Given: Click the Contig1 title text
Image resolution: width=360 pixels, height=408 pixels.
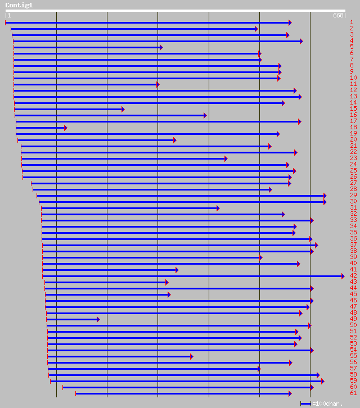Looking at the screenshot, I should tap(19, 5).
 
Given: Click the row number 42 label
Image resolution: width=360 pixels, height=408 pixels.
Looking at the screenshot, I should tap(353, 276).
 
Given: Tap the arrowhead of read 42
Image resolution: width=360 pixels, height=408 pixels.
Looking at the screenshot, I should tap(342, 276).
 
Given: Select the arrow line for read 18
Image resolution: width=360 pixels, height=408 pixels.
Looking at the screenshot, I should tap(40, 128).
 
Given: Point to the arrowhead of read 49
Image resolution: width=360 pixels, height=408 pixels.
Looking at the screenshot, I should tap(98, 319).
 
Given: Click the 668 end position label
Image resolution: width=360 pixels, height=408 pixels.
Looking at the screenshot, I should tap(338, 16).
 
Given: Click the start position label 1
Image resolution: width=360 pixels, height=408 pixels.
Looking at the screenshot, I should tap(9, 16).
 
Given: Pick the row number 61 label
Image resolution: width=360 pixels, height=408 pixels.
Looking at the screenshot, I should tap(353, 393).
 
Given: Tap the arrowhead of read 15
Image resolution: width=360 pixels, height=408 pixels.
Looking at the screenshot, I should tap(123, 109).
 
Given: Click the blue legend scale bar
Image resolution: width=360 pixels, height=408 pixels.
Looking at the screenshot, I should tap(305, 404).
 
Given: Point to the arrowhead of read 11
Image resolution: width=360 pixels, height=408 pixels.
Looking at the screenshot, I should tap(157, 84).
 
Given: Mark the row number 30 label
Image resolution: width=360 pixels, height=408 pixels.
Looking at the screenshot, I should tap(353, 202).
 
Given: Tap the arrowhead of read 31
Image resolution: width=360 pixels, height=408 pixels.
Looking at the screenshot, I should tap(218, 208).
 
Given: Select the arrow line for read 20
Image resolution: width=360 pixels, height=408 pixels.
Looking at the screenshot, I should tap(96, 140).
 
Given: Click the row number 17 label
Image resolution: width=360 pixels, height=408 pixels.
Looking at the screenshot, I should tap(353, 121).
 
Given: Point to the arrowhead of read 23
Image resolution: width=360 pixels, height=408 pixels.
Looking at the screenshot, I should tap(226, 158).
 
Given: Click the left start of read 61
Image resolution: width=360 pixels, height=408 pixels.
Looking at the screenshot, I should tap(76, 393).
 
